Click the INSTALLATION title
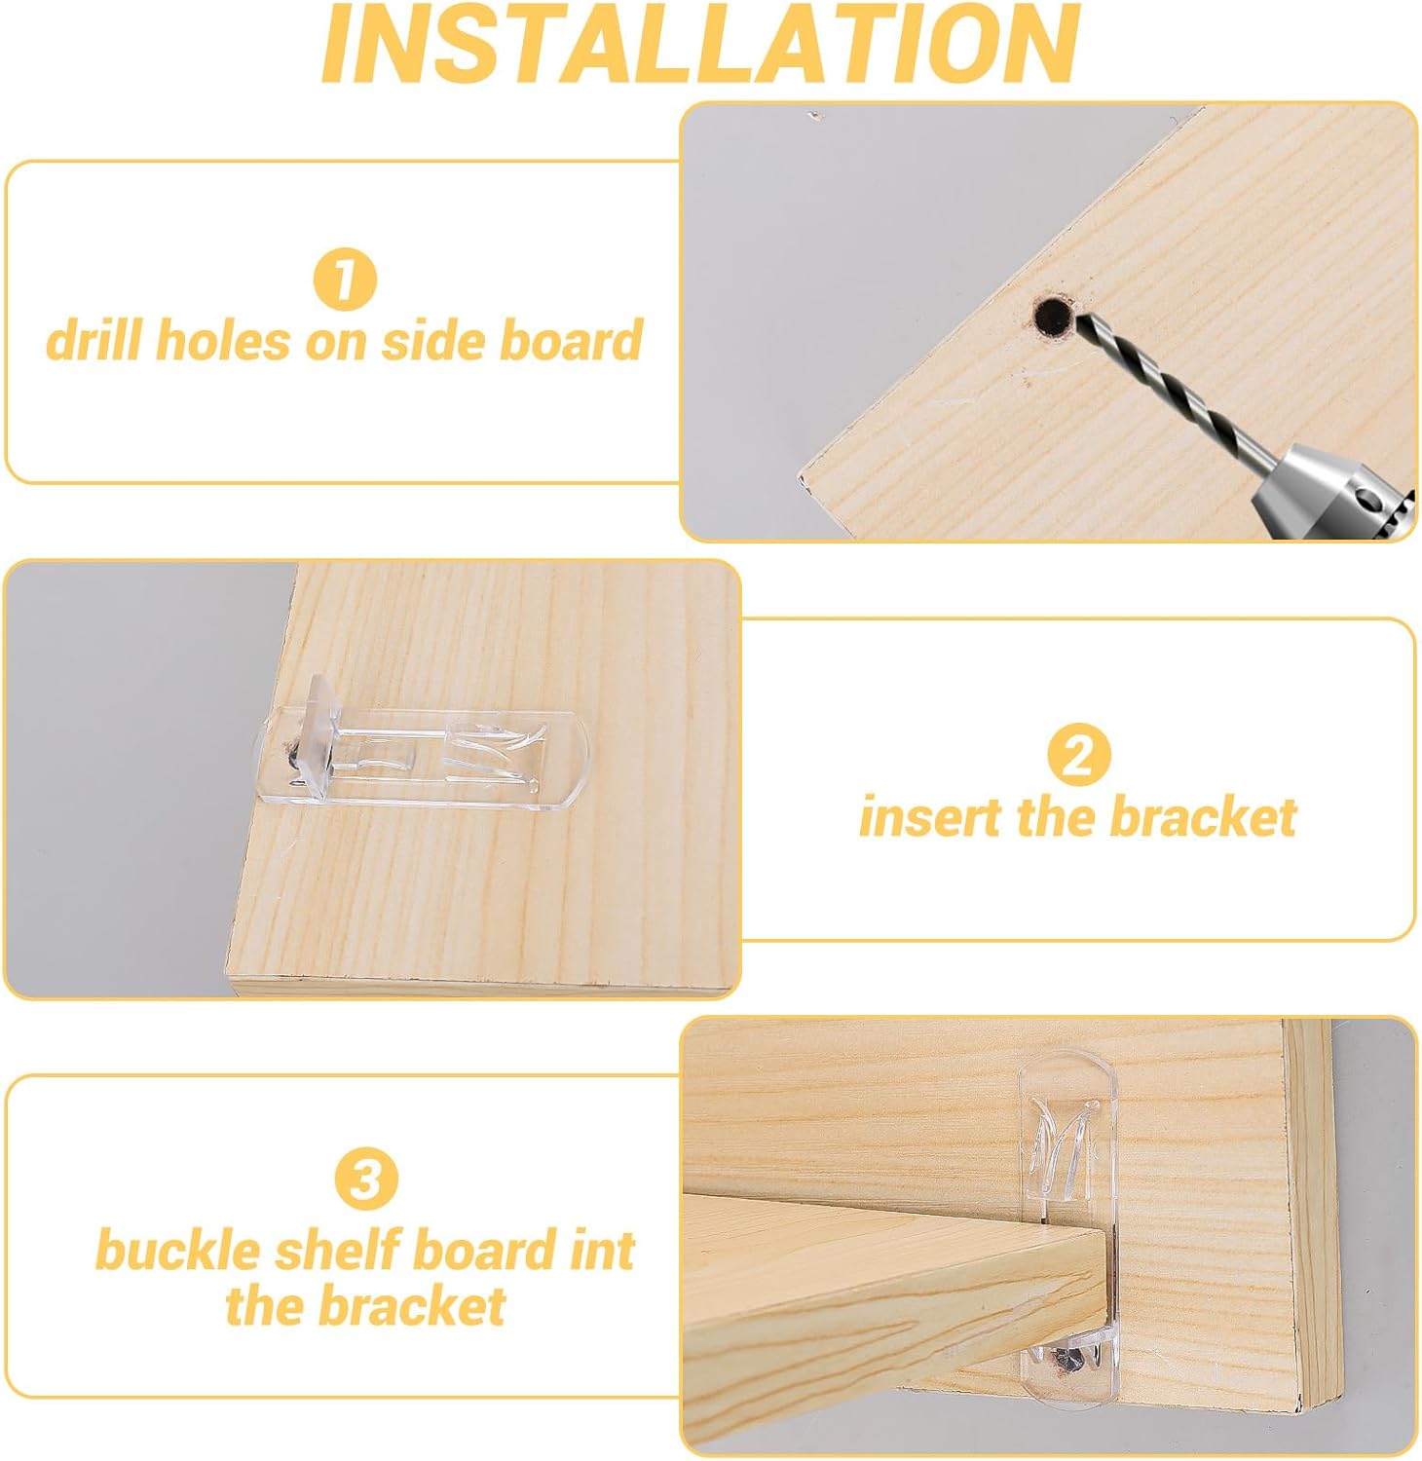click(700, 44)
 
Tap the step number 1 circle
click(344, 279)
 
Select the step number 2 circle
click(1077, 755)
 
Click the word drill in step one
click(94, 341)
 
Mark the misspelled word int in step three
click(603, 1251)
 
